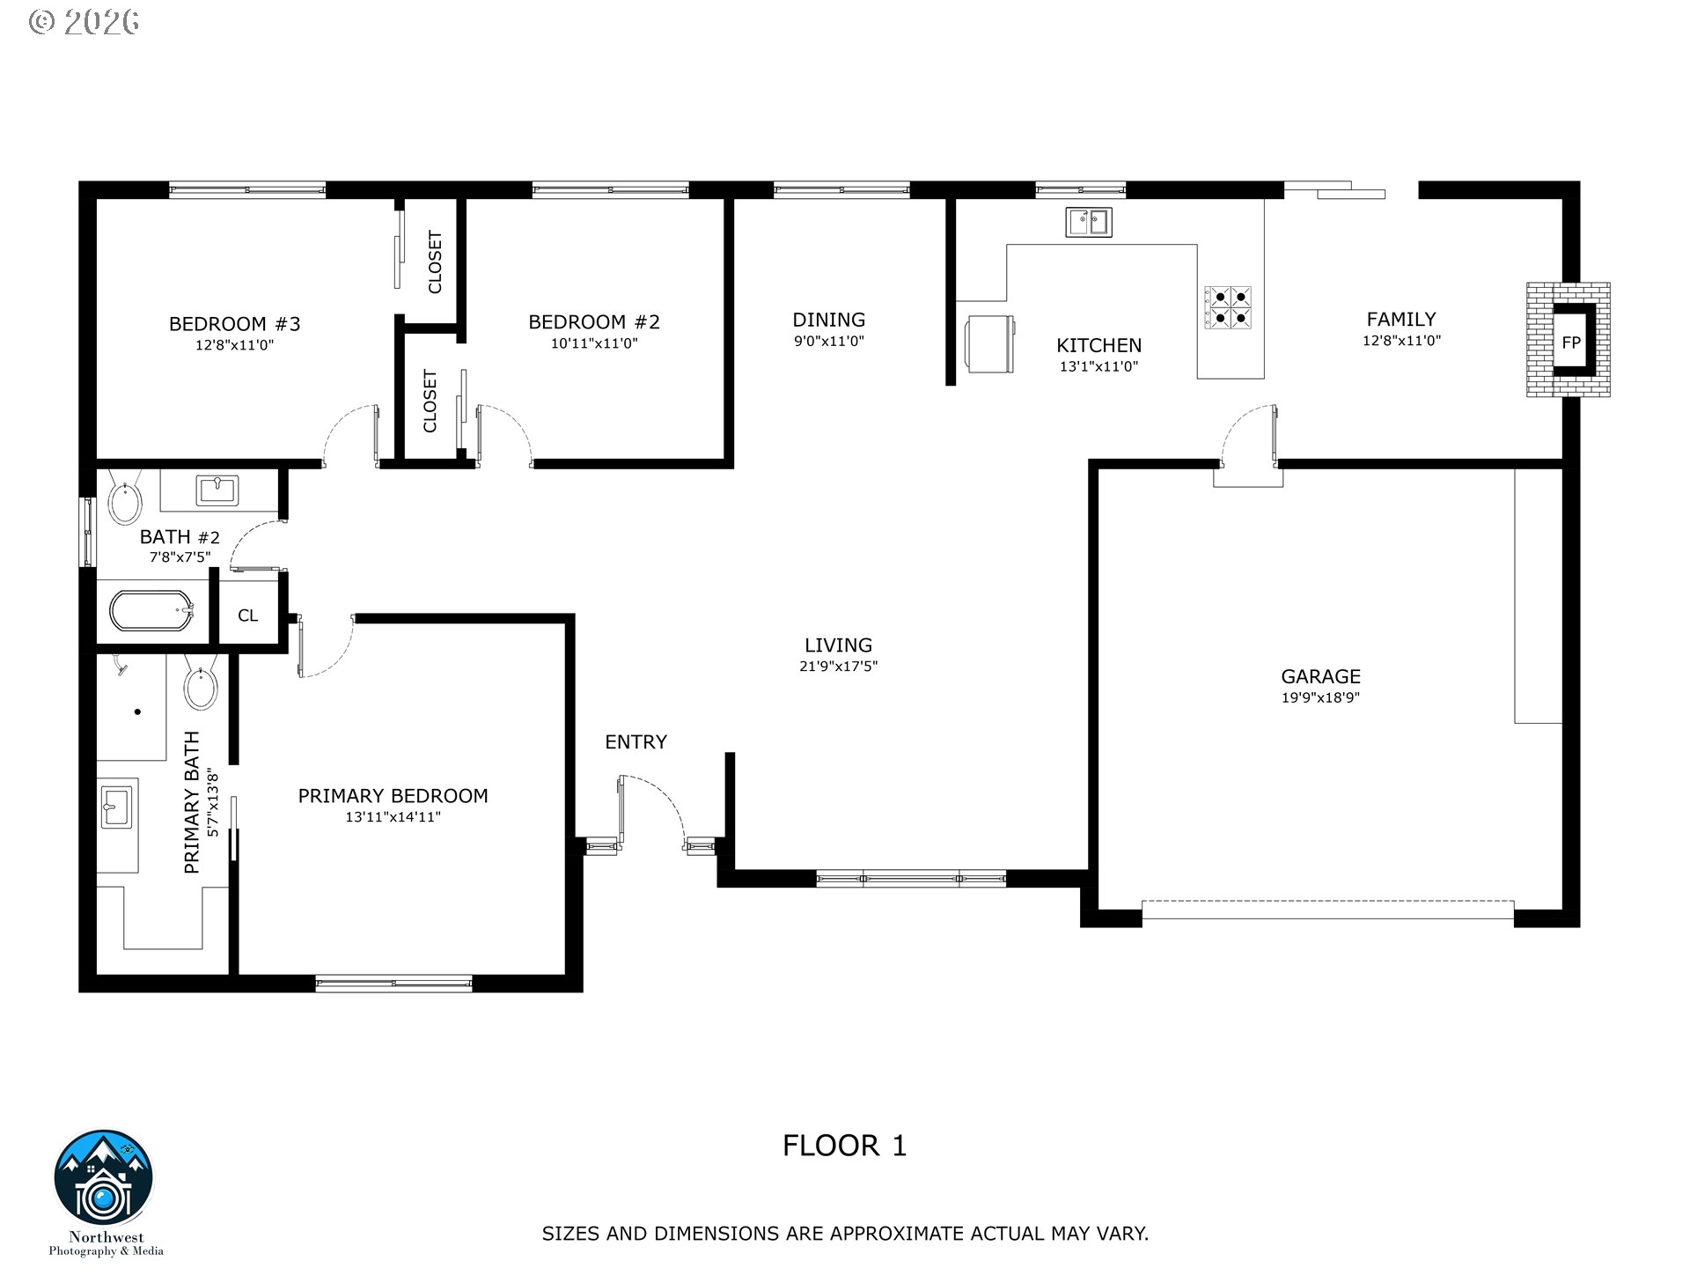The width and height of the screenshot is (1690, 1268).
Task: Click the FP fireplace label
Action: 1571,343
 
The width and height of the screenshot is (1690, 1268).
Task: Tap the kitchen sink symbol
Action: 1089,222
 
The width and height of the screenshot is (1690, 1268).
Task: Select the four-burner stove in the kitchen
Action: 1228,306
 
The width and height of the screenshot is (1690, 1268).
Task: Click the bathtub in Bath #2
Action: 151,610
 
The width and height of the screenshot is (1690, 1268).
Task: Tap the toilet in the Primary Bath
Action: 202,683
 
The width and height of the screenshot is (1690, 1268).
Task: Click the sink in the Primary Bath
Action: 116,807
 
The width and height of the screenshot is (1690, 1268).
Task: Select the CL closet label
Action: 248,616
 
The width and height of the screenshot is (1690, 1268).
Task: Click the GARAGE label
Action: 1320,676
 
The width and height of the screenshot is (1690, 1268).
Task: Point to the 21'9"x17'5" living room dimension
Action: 838,667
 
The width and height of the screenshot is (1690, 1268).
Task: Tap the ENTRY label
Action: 636,742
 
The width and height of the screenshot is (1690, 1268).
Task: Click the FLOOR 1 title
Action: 844,1146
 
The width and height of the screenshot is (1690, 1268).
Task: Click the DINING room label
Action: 828,320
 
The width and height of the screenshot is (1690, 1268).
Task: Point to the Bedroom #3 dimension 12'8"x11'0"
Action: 235,345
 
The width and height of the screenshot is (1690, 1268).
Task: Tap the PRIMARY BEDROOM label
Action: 393,796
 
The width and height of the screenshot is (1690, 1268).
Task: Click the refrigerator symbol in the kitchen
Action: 991,344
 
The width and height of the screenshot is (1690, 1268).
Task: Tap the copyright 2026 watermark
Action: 84,21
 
